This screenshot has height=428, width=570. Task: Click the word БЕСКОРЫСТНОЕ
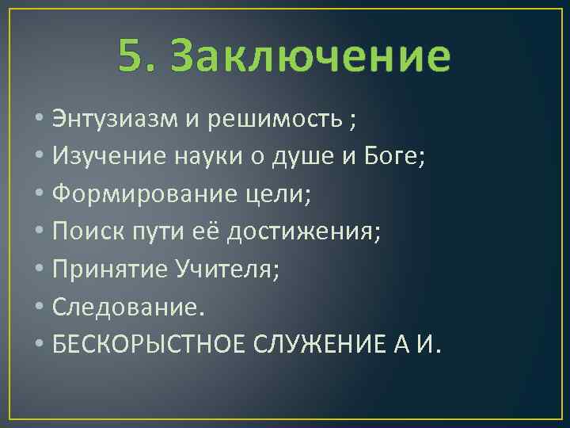(x=149, y=344)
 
